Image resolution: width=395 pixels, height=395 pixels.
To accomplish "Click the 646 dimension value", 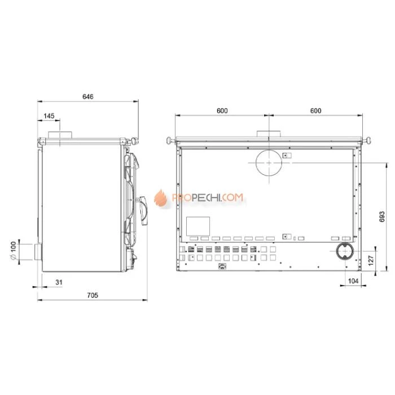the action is (87, 96).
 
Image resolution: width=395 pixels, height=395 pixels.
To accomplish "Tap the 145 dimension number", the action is (49, 116).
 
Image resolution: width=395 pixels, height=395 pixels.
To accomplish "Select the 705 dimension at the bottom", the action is (93, 295).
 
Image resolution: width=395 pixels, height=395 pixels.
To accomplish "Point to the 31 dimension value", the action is (59, 282).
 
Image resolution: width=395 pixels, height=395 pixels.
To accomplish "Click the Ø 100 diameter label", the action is (13, 251).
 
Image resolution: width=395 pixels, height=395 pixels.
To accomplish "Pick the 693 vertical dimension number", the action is (382, 217).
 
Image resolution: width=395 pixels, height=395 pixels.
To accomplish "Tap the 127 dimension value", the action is (371, 261).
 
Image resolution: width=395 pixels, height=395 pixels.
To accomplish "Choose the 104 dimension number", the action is (353, 280).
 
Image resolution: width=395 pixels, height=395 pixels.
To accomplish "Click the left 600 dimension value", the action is (222, 111).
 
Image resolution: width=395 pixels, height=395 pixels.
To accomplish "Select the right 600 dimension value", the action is (315, 111).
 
